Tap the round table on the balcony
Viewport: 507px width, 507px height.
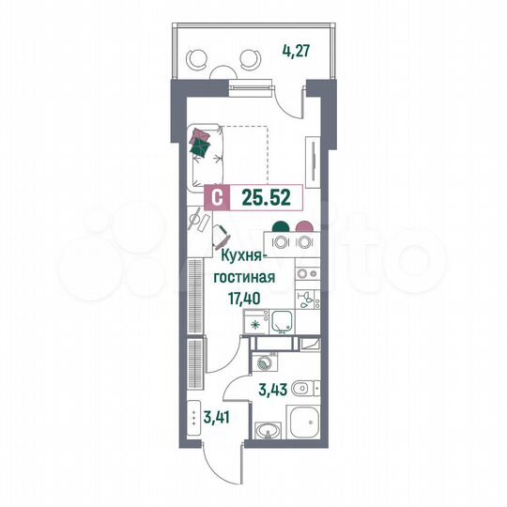click(x=224, y=69)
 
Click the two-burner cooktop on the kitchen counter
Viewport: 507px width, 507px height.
click(x=307, y=275)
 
